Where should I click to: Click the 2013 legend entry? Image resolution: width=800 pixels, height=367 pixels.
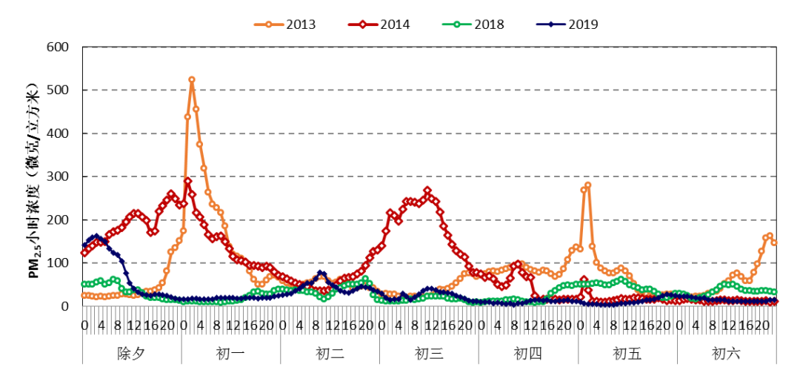click(x=285, y=24)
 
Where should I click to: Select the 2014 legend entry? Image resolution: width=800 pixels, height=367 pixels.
click(x=379, y=24)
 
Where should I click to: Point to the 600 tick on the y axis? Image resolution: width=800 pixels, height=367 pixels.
click(x=58, y=47)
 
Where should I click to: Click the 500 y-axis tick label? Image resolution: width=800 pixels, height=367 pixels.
click(x=58, y=90)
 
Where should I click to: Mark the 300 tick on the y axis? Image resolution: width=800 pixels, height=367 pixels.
click(x=58, y=176)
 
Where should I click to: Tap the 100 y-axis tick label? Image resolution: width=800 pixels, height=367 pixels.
click(x=58, y=263)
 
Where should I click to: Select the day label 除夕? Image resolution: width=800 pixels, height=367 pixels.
click(x=131, y=353)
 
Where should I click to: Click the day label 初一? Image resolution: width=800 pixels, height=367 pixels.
click(x=230, y=353)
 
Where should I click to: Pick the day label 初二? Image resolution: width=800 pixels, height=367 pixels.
click(x=330, y=353)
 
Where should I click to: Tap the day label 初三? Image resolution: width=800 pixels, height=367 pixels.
click(x=429, y=353)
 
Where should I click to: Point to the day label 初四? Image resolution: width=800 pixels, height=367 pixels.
click(x=528, y=353)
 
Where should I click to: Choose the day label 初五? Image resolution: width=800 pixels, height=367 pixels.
click(x=627, y=353)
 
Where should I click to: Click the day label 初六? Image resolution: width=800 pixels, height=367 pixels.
click(x=727, y=353)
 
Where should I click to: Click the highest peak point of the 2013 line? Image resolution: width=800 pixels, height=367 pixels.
click(x=192, y=79)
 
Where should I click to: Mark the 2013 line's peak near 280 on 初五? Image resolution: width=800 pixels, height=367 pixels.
click(x=588, y=185)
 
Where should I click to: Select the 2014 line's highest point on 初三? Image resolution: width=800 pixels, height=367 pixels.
click(x=427, y=191)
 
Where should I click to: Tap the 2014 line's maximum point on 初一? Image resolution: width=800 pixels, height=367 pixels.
click(x=188, y=181)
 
